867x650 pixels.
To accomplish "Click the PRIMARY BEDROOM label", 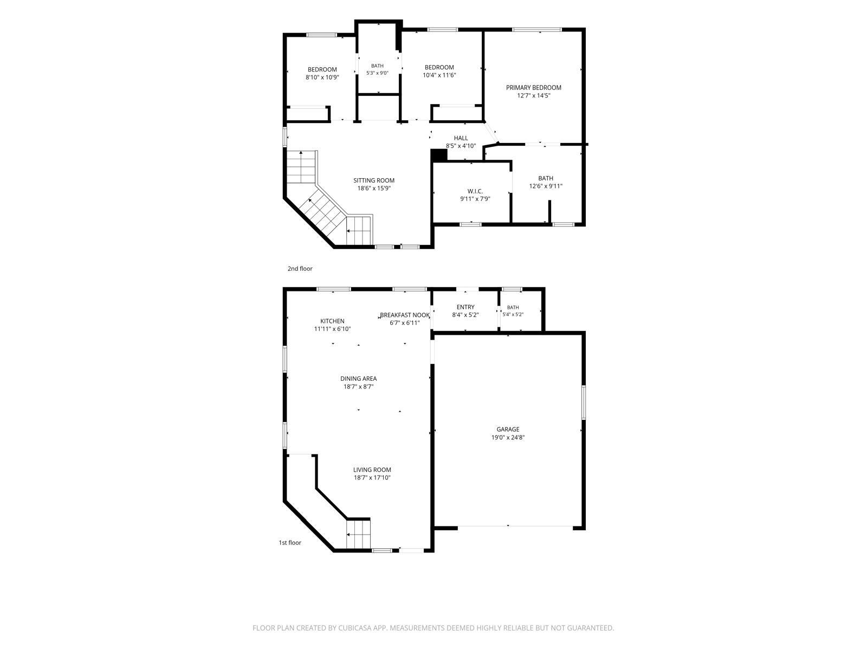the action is point(533,88).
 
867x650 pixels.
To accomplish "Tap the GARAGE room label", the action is point(508,430).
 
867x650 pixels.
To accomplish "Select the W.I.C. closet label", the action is point(475,191).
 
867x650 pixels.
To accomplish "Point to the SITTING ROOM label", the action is point(374,181).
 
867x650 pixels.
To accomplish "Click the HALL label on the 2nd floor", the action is point(461,138).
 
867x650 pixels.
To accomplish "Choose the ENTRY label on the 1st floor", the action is point(465,307).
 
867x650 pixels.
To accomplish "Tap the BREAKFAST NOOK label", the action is point(404,315).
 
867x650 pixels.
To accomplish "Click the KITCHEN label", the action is point(332,321).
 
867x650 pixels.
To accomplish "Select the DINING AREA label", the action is point(358,379).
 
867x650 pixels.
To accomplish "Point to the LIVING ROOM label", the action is point(372,470).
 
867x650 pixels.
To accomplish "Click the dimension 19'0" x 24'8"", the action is point(508,437).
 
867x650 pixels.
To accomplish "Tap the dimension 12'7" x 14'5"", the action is point(534,95).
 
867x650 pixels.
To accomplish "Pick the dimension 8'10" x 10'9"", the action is point(322,77).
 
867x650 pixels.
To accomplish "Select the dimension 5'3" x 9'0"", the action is point(377,73).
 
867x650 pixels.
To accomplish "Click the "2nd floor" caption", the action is point(300,269).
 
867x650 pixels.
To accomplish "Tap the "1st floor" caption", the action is point(290,543).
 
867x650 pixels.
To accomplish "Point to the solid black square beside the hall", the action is point(439,155).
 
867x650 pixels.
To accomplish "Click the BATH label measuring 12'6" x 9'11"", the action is point(546,178).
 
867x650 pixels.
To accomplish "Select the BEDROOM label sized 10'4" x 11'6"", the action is point(439,68).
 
